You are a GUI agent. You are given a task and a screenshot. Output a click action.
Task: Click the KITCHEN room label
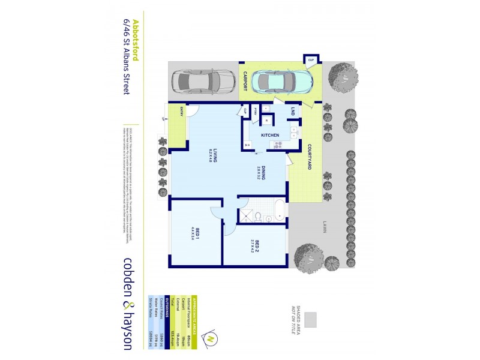[x=269, y=136]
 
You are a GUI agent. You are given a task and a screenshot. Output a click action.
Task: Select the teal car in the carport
[x=282, y=82]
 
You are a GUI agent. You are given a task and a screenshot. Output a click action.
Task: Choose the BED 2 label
[x=257, y=247]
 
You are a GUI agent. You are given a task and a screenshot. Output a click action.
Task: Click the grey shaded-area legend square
[x=310, y=320]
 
